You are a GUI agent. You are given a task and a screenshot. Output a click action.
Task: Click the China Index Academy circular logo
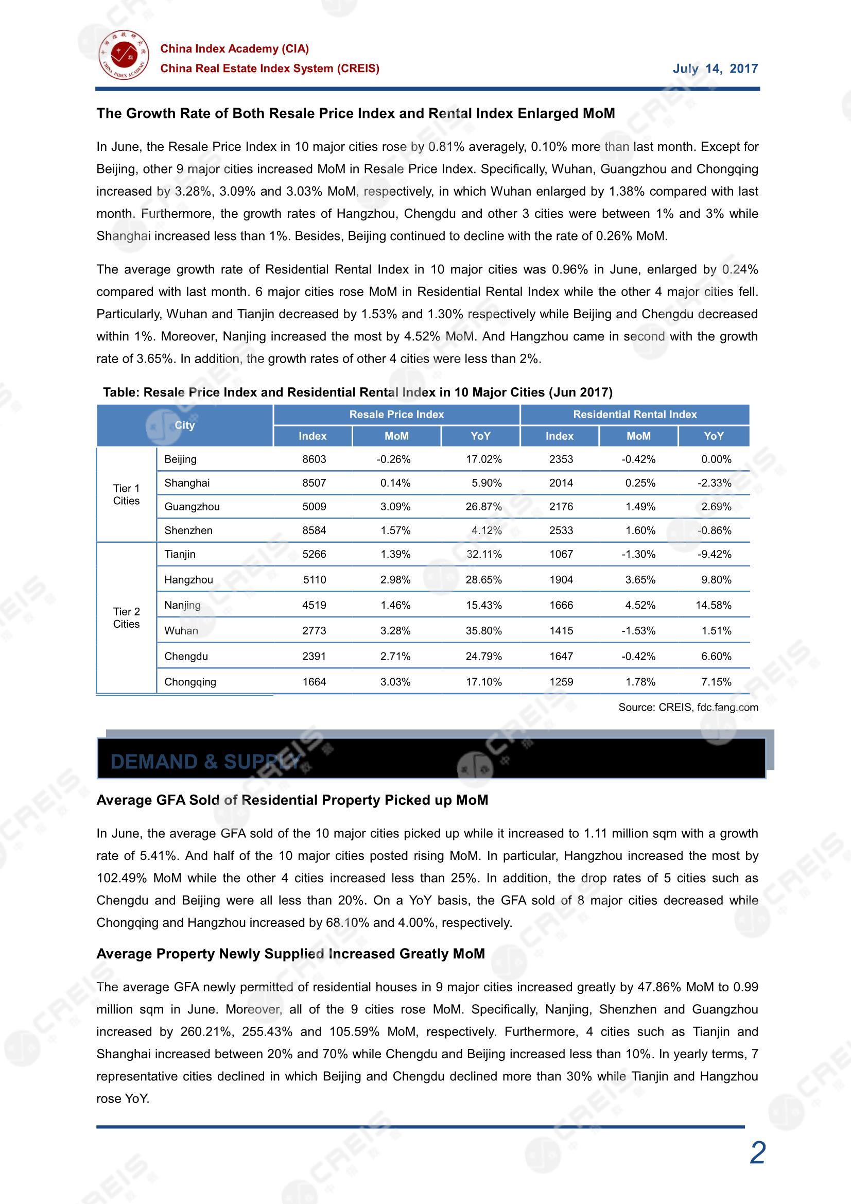pyautogui.click(x=124, y=55)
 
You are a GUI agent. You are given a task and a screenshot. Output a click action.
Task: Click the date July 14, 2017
pyautogui.click(x=715, y=68)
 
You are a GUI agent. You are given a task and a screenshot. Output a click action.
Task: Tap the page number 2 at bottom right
pyautogui.click(x=757, y=1153)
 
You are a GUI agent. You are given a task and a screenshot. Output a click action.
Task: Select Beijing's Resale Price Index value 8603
pyautogui.click(x=314, y=459)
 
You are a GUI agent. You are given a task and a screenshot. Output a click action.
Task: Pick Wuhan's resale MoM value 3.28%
pyautogui.click(x=395, y=631)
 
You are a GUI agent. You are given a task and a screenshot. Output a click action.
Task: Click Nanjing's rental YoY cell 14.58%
pyautogui.click(x=713, y=605)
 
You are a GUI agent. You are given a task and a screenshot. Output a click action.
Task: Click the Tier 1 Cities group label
pyautogui.click(x=126, y=494)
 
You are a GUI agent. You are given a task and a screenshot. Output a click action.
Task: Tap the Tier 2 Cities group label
pyautogui.click(x=126, y=618)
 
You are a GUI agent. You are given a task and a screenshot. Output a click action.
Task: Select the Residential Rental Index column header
pyautogui.click(x=634, y=415)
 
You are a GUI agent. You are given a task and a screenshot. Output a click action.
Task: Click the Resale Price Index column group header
pyautogui.click(x=396, y=415)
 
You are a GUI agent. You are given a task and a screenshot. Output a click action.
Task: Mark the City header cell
pyautogui.click(x=185, y=425)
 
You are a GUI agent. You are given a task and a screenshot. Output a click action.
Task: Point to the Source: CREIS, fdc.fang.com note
pyautogui.click(x=688, y=708)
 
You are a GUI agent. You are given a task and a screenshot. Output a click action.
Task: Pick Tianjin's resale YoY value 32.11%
pyautogui.click(x=483, y=554)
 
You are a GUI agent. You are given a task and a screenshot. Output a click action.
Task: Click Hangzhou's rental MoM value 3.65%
pyautogui.click(x=640, y=580)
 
